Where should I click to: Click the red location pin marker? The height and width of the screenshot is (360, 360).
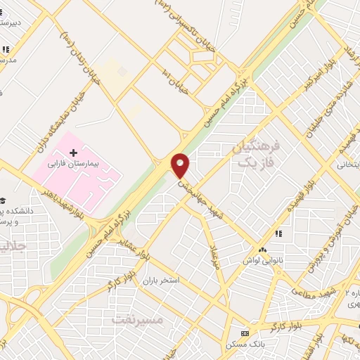click(181, 165)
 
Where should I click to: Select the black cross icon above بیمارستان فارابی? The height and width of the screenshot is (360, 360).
click(73, 152)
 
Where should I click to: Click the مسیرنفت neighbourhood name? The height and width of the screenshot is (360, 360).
click(136, 319)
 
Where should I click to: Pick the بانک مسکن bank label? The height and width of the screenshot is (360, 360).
click(245, 344)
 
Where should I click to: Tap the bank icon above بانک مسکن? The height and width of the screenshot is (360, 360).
click(245, 333)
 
